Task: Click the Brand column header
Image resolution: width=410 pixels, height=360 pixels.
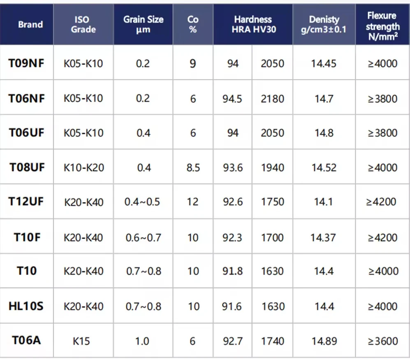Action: click(x=30, y=24)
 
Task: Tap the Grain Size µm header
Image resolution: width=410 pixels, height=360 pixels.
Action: click(x=143, y=24)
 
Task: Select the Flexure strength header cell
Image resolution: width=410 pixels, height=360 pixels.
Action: click(x=382, y=26)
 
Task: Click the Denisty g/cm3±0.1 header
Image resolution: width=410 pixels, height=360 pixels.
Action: click(x=324, y=24)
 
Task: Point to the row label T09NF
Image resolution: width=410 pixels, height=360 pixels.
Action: click(x=26, y=63)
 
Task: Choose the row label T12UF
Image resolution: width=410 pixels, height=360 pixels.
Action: click(x=26, y=202)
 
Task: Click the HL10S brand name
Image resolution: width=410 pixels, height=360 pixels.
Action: click(x=26, y=306)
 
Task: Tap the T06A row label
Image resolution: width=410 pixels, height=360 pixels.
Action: click(x=26, y=340)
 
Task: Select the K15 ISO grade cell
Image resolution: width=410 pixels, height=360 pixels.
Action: click(x=81, y=341)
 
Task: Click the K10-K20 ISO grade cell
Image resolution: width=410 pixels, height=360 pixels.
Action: click(x=83, y=167)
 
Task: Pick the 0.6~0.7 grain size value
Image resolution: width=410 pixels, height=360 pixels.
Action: click(x=143, y=237)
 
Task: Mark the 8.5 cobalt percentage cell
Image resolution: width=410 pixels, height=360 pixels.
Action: click(x=193, y=167)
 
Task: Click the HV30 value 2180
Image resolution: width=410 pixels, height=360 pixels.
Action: click(x=272, y=99)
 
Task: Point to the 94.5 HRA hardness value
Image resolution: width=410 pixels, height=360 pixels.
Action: click(x=232, y=99)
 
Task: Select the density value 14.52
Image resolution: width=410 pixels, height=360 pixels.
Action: click(x=324, y=167)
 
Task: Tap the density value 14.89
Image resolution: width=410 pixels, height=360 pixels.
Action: click(x=324, y=341)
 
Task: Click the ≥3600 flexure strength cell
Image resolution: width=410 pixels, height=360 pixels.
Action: click(x=382, y=341)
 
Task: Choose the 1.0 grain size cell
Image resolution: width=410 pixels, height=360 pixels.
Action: click(x=142, y=341)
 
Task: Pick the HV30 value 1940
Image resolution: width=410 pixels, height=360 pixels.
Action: click(x=273, y=167)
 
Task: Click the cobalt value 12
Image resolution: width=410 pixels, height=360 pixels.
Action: click(x=192, y=202)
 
